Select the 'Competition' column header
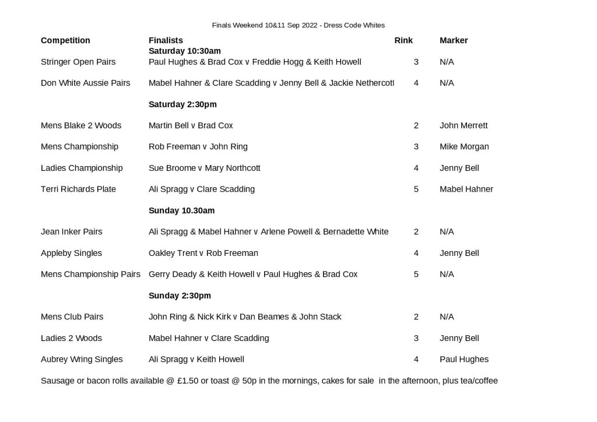65,40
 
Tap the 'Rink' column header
403,40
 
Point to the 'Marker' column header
454,40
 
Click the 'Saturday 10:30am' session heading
185,51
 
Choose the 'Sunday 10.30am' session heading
181,210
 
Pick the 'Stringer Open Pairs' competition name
78,62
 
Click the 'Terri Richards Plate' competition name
78,189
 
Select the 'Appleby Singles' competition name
71,253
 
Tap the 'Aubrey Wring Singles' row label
82,359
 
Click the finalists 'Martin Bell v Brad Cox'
191,125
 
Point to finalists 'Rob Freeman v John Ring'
198,146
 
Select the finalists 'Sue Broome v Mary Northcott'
204,168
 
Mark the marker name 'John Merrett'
463,125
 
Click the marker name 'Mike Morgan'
464,146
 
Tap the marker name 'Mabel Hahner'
466,189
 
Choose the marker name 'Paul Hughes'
464,359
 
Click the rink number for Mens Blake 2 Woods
416,125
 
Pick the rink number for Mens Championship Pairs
416,274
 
